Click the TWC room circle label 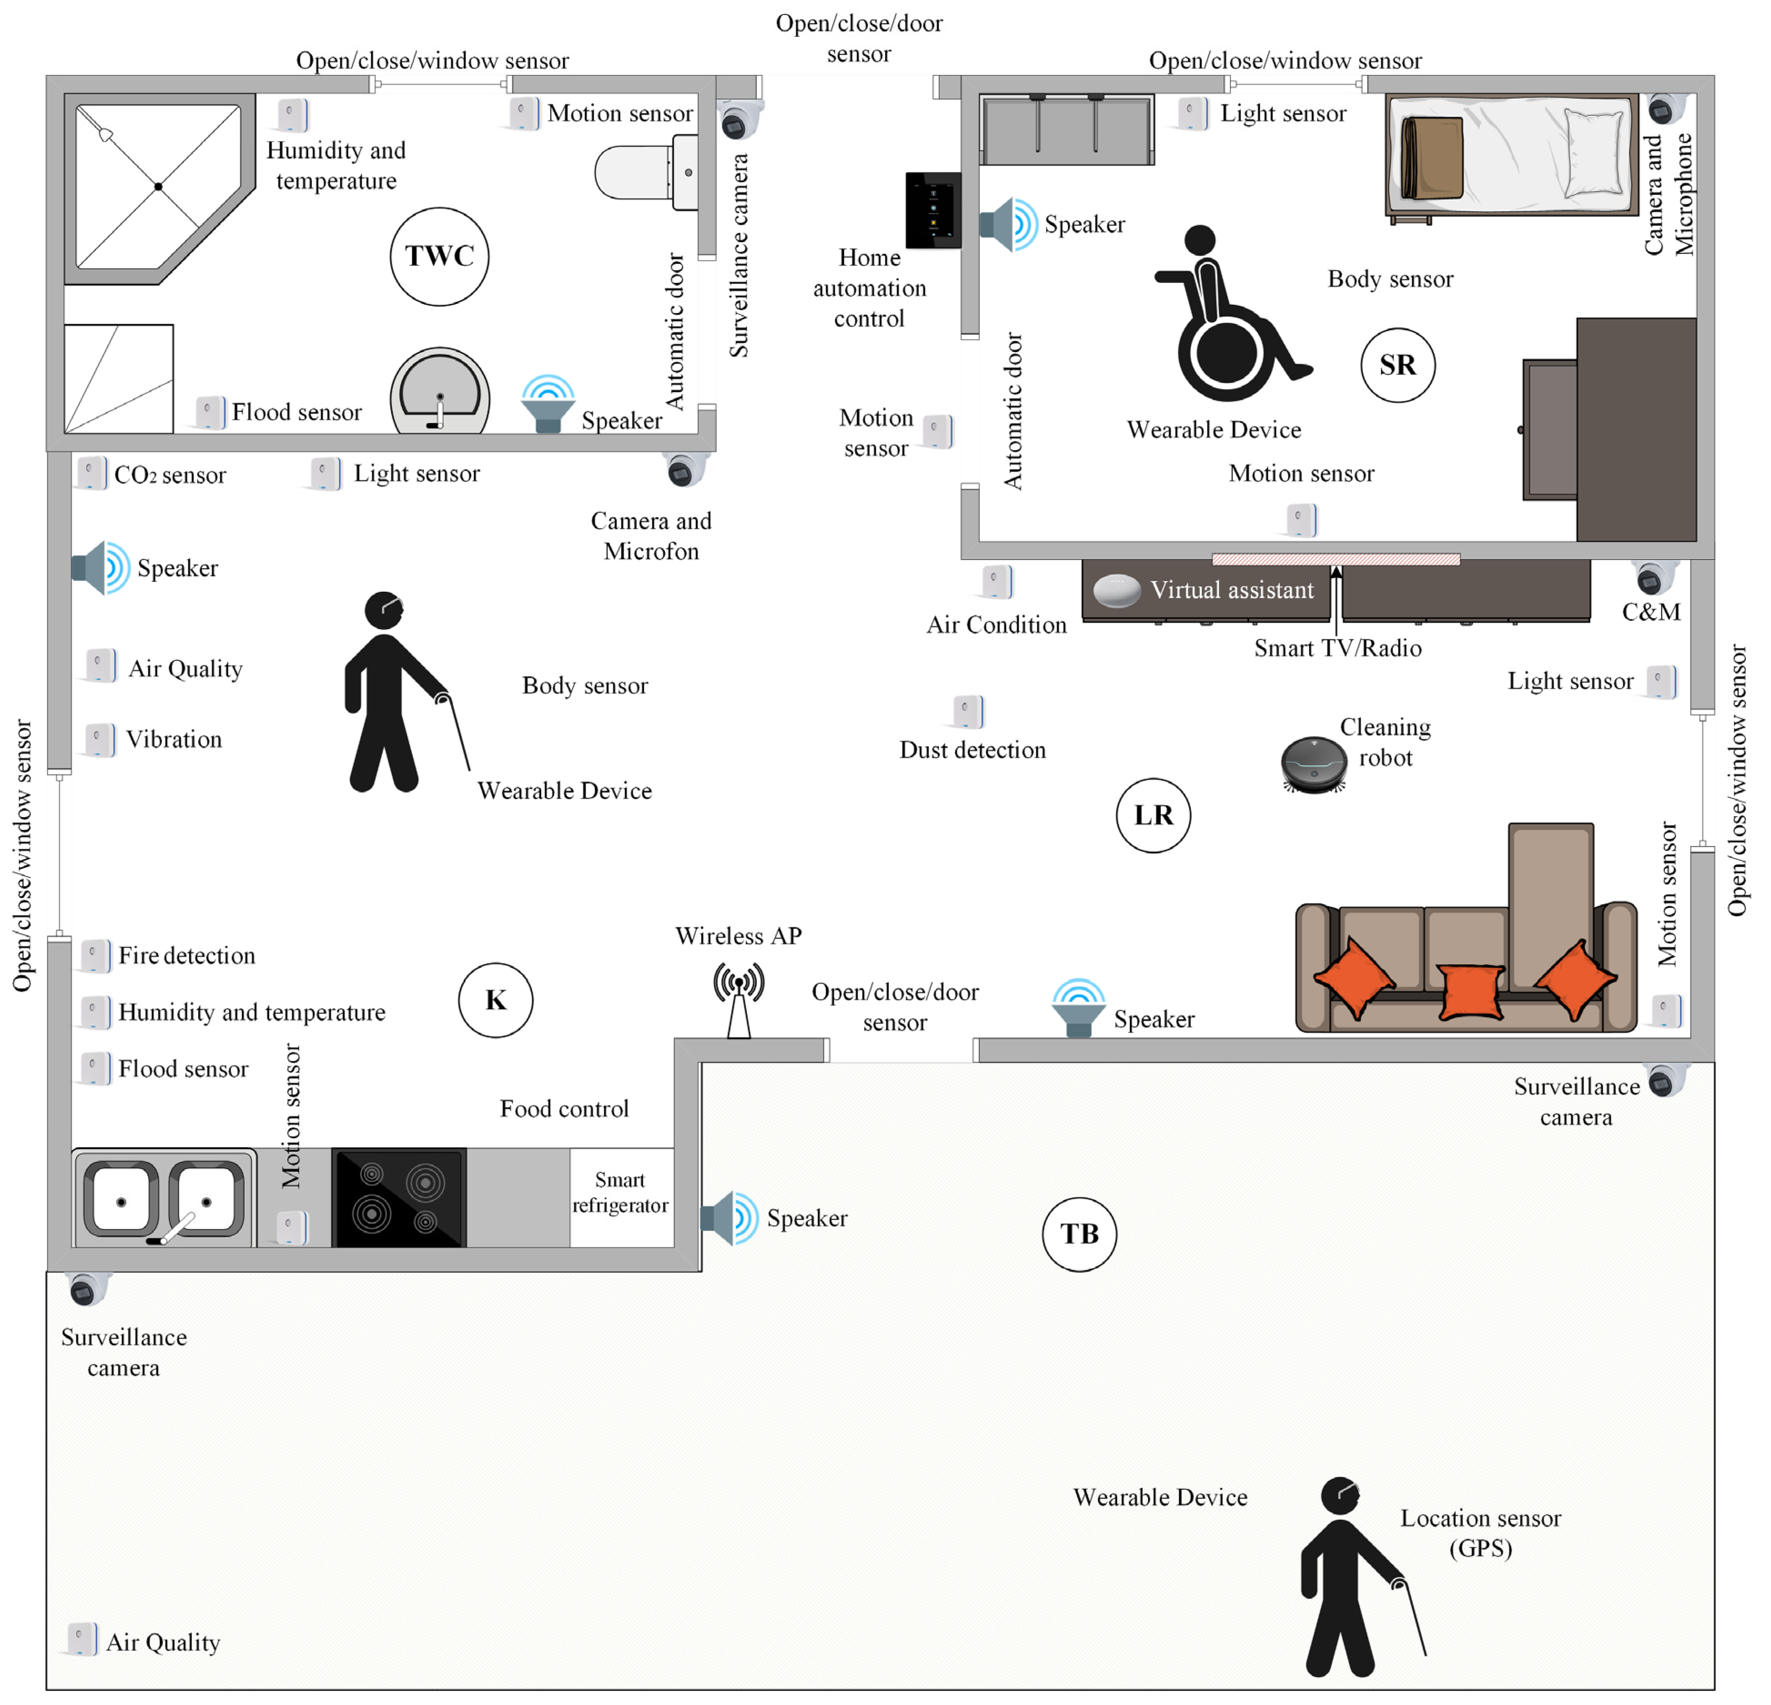(x=439, y=257)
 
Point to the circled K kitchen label (x=495, y=1000)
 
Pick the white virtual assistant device (x=1117, y=591)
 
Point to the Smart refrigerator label (x=620, y=1193)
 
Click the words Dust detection (x=972, y=750)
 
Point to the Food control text (x=564, y=1109)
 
